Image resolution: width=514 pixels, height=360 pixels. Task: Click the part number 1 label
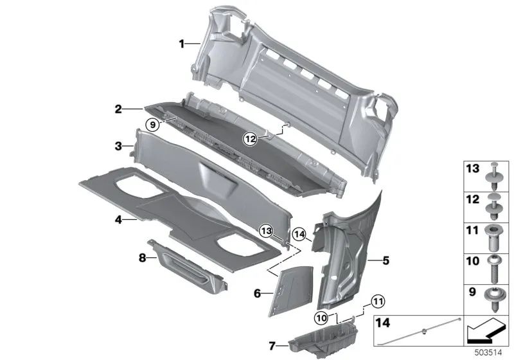182,44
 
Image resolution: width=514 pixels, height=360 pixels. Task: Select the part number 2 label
118,110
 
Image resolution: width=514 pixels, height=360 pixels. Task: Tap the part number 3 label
118,147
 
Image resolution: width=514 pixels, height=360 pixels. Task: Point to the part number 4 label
118,220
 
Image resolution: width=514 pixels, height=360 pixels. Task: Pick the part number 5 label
385,261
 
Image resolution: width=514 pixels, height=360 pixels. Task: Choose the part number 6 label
257,293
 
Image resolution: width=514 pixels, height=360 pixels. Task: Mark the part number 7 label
272,346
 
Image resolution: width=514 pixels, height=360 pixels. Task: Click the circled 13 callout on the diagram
266,229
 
